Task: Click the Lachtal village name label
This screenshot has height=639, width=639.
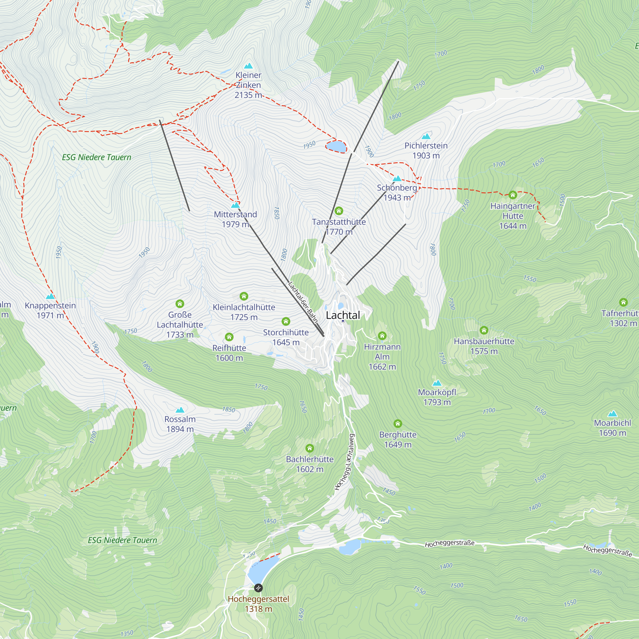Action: click(x=343, y=315)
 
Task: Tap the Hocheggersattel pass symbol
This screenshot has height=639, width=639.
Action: click(x=258, y=588)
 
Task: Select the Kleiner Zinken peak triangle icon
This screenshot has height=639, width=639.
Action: click(x=248, y=66)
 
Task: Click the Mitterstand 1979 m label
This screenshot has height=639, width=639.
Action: click(x=235, y=219)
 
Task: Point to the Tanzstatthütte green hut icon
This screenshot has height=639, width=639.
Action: click(x=339, y=211)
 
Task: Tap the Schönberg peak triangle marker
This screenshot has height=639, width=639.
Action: click(x=397, y=179)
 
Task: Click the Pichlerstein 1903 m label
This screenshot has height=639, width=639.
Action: click(x=426, y=150)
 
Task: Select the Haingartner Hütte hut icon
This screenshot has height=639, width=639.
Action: click(x=513, y=195)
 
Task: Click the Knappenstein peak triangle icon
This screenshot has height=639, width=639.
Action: click(x=50, y=296)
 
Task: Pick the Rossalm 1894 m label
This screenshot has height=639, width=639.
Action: click(x=180, y=424)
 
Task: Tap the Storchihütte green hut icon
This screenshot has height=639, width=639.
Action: click(x=286, y=321)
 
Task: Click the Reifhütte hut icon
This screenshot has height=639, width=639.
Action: click(x=229, y=337)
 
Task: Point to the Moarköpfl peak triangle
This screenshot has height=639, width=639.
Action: click(x=437, y=383)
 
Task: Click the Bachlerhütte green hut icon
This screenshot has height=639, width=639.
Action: click(x=310, y=448)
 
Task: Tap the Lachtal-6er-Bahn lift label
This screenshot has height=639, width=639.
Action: click(x=303, y=302)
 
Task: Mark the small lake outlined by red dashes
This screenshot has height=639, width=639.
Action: click(x=336, y=146)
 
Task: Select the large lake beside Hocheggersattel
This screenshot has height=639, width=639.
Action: click(x=262, y=570)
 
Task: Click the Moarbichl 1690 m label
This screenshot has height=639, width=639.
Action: click(x=612, y=428)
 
